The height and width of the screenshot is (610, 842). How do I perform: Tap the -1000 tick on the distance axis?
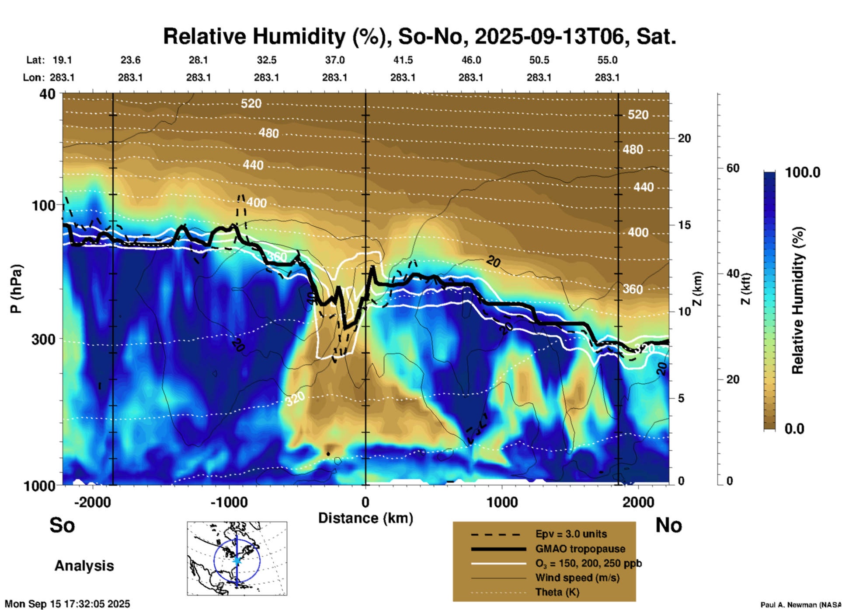pyautogui.click(x=229, y=502)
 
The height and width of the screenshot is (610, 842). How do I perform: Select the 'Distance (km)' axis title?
pyautogui.click(x=365, y=518)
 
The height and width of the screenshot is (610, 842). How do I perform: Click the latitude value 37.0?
pyautogui.click(x=334, y=60)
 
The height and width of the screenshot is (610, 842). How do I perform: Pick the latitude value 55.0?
pyautogui.click(x=607, y=60)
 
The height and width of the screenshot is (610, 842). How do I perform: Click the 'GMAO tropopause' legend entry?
pyautogui.click(x=580, y=549)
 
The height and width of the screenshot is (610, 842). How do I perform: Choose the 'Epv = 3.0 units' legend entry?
pyautogui.click(x=571, y=534)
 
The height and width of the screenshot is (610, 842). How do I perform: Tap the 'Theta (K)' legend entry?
pyautogui.click(x=557, y=592)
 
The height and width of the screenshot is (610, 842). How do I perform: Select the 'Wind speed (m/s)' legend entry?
pyautogui.click(x=577, y=578)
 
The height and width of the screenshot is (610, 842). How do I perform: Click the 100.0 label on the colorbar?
pyautogui.click(x=803, y=172)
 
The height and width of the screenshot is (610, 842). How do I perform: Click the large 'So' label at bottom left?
pyautogui.click(x=62, y=525)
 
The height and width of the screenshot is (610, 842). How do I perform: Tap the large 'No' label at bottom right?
pyautogui.click(x=668, y=525)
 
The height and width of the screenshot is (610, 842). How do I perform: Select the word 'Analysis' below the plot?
pyautogui.click(x=84, y=566)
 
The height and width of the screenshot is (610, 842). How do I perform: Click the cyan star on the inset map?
pyautogui.click(x=237, y=560)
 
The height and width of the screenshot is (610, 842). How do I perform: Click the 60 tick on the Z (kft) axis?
pyautogui.click(x=733, y=168)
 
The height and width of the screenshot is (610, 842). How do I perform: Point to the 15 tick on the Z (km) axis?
pyautogui.click(x=684, y=225)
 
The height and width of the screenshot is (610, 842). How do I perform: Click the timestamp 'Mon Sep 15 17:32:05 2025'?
pyautogui.click(x=67, y=604)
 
